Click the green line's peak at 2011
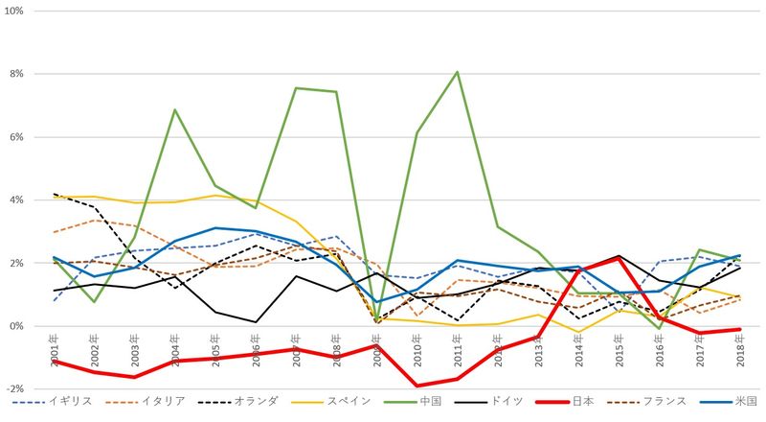457,72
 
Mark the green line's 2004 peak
175,109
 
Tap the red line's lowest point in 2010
417,386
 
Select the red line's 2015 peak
619,259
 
